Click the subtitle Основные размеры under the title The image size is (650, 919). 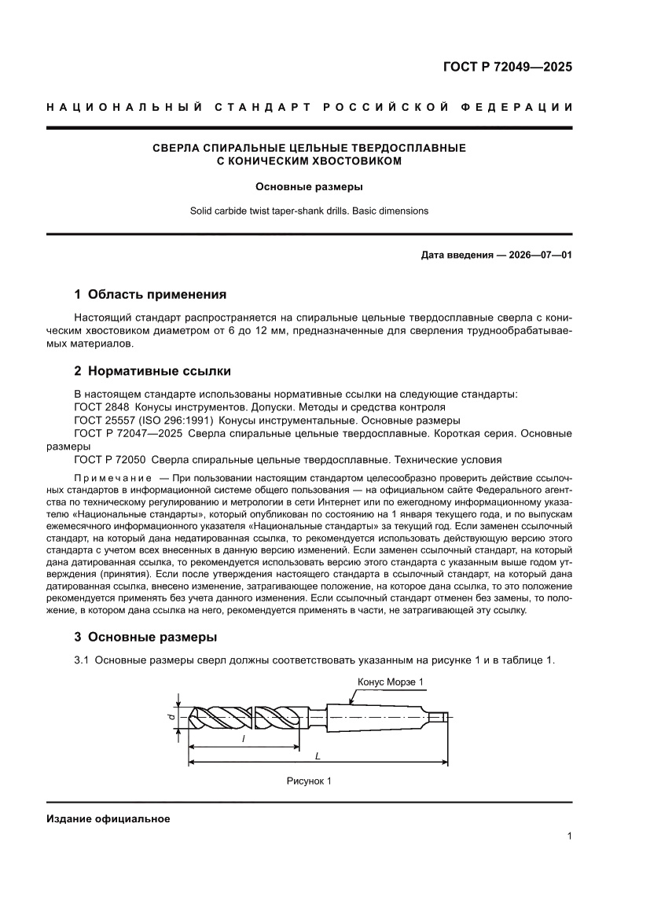(x=309, y=187)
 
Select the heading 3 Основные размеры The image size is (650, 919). (x=145, y=637)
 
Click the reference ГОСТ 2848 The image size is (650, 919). (x=101, y=407)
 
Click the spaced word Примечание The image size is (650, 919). (x=112, y=478)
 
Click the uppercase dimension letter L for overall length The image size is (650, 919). (x=317, y=755)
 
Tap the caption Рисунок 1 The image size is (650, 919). (x=309, y=781)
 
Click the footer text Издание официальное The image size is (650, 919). (x=108, y=819)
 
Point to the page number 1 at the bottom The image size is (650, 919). (x=568, y=836)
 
